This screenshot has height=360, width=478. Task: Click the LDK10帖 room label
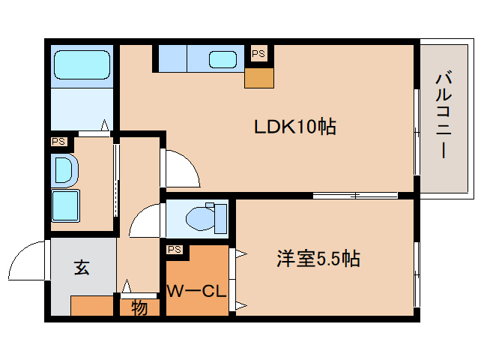pyautogui.click(x=293, y=126)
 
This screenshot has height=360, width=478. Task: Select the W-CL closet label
pyautogui.click(x=196, y=290)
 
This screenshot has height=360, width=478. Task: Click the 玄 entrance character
pyautogui.click(x=82, y=266)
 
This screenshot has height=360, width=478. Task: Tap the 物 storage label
pyautogui.click(x=139, y=307)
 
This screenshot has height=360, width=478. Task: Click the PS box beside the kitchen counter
pyautogui.click(x=258, y=54)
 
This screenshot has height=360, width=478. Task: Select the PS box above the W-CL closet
pyautogui.click(x=175, y=249)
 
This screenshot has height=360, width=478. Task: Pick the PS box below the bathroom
pyautogui.click(x=58, y=141)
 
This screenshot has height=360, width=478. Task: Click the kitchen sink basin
pyautogui.click(x=223, y=59)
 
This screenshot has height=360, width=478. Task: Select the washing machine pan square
pyautogui.click(x=66, y=203)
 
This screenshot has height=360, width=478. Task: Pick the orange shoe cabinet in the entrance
pyautogui.click(x=91, y=306)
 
